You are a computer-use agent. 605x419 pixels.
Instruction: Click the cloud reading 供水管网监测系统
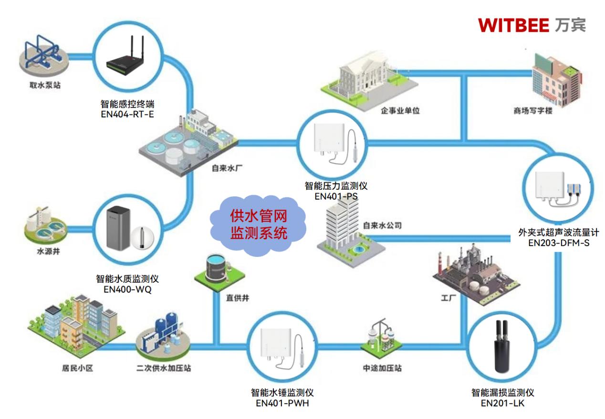click(259, 225)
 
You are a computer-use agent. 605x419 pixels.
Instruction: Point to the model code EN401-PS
click(336, 196)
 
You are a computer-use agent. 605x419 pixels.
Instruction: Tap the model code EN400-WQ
click(127, 289)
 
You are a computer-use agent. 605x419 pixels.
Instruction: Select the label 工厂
click(449, 298)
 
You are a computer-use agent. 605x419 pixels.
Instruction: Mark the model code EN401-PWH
click(282, 403)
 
